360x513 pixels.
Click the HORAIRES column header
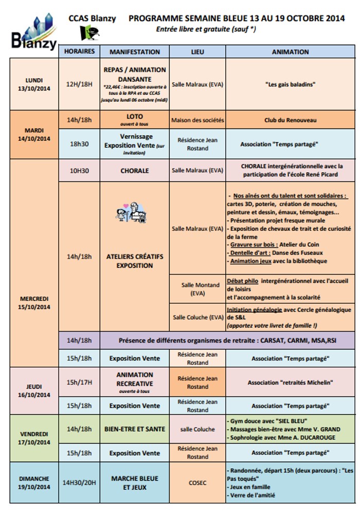80,52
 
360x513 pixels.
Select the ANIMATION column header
290,52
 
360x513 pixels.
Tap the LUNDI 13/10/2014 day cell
34,84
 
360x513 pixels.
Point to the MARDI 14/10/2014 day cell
34,134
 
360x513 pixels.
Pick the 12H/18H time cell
80,84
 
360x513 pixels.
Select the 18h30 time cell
80,144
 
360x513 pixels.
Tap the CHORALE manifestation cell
135,171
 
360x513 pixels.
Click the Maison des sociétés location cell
197,120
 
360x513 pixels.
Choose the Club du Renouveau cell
290,120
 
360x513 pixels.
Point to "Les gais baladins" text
290,84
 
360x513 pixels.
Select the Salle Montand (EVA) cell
197,289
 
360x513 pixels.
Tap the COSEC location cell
197,483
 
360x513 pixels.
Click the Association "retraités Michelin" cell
290,382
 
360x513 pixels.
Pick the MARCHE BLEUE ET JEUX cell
135,483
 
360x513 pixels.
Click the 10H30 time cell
80,171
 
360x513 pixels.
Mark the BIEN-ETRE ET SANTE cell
135,429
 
